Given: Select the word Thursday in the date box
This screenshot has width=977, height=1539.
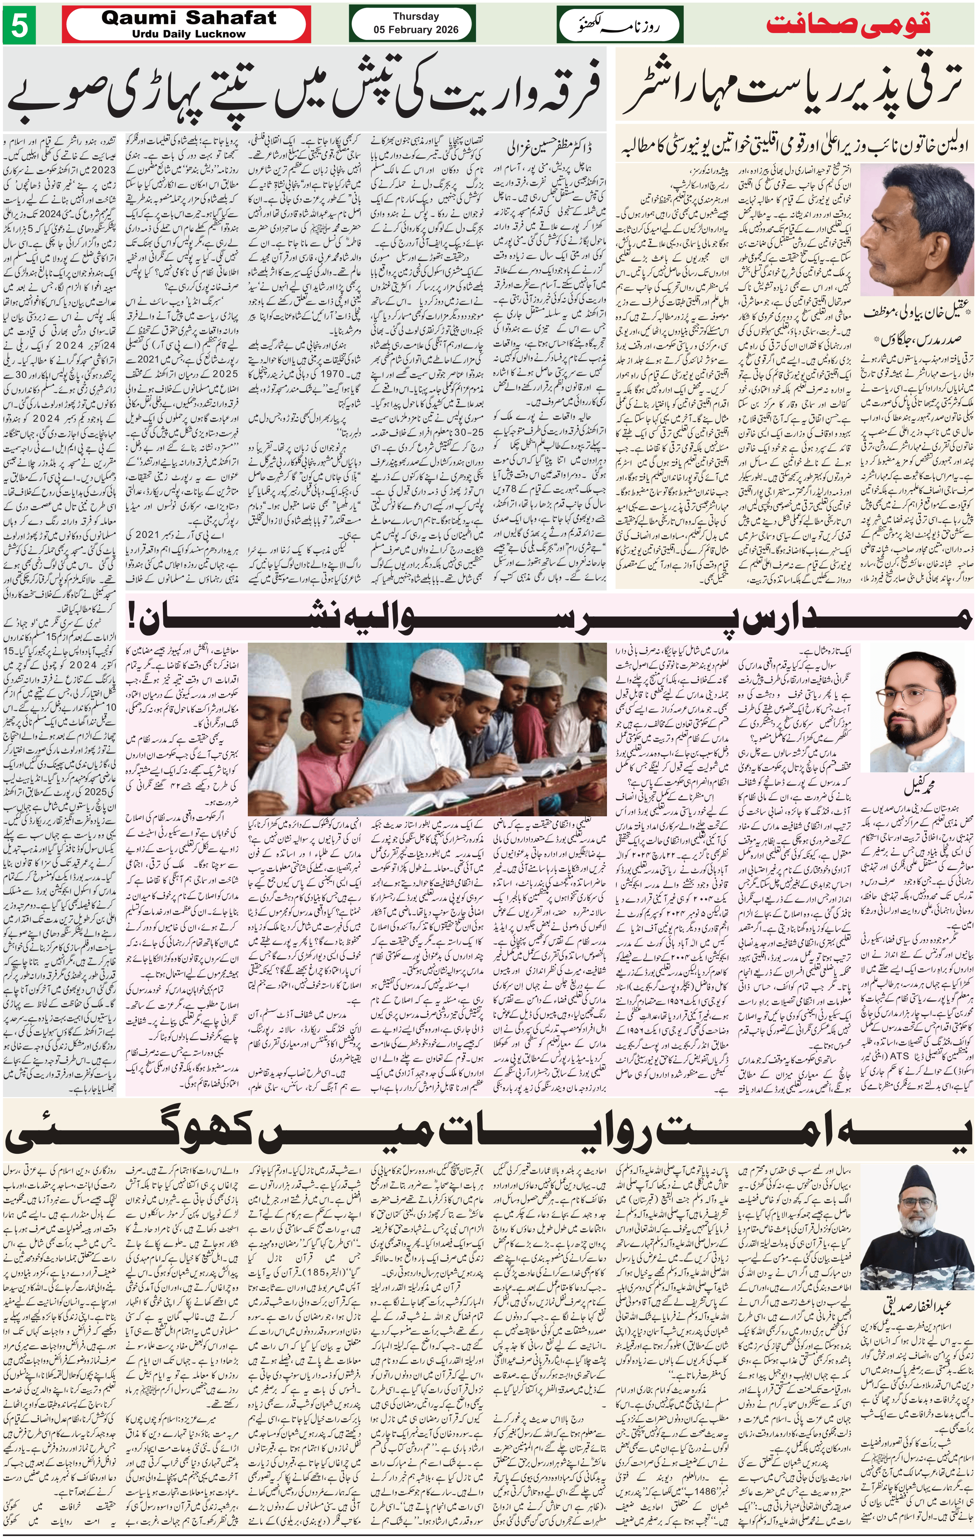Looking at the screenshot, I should point(416,17).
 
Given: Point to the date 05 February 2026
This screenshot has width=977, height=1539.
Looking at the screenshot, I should point(416,29).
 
